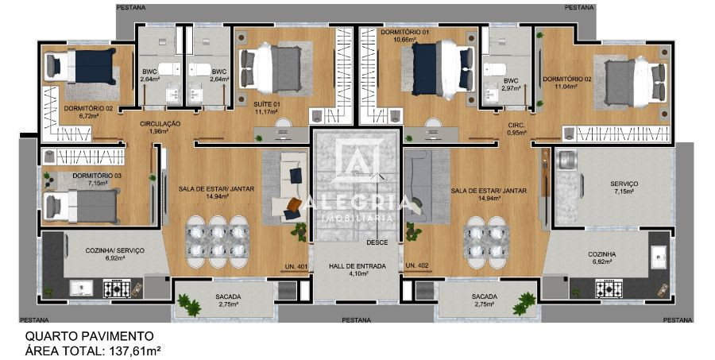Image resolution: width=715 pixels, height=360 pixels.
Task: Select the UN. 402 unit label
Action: (417, 265)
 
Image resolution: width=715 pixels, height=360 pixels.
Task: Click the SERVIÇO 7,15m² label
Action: (624, 188)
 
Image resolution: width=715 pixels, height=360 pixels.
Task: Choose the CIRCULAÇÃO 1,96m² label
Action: (160, 128)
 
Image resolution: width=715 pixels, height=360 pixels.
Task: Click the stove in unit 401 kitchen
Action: (117, 288)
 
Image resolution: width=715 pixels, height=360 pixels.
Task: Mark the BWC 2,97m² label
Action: (511, 83)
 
